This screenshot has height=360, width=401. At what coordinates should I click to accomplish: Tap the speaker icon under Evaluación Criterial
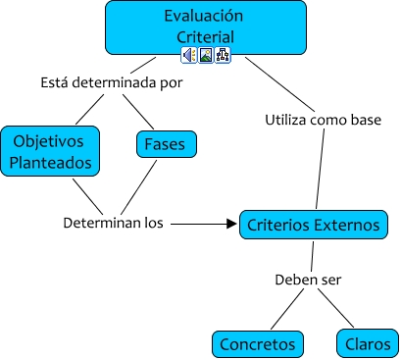click(188, 56)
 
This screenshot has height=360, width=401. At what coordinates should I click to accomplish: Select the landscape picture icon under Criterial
click(205, 56)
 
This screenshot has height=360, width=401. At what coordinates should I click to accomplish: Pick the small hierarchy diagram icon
click(222, 56)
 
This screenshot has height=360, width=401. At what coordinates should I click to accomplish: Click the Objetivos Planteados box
click(49, 149)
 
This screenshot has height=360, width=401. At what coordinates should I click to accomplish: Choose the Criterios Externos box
click(313, 225)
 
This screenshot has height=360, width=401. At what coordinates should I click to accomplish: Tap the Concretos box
click(258, 344)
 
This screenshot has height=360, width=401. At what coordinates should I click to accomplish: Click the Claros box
click(367, 344)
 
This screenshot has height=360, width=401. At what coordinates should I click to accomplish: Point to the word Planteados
click(49, 161)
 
